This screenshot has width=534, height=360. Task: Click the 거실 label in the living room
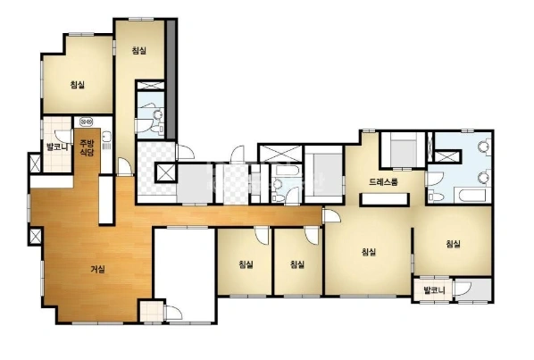tap(97, 270)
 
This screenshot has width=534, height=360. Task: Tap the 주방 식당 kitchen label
tap(87, 147)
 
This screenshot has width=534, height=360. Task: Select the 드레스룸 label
tap(383, 182)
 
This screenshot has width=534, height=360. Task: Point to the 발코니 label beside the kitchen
tap(57, 147)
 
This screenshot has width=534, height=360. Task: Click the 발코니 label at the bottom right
tap(434, 290)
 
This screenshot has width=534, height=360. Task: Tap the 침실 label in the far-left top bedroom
tap(78, 84)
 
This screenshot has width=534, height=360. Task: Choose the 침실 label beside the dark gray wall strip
tap(139, 50)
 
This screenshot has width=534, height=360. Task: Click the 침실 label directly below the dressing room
tap(369, 252)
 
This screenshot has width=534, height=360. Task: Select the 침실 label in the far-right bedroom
tap(454, 244)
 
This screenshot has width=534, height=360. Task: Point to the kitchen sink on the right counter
tap(106, 137)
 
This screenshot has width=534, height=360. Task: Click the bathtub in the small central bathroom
tap(288, 171)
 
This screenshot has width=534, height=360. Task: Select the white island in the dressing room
tap(385, 199)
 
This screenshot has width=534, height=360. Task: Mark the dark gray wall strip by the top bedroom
tap(171, 80)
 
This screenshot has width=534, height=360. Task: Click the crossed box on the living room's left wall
tap(35, 236)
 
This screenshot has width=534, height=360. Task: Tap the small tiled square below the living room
tap(152, 311)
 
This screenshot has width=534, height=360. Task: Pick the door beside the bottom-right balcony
tap(463, 288)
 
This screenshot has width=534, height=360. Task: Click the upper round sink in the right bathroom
tap(483, 147)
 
